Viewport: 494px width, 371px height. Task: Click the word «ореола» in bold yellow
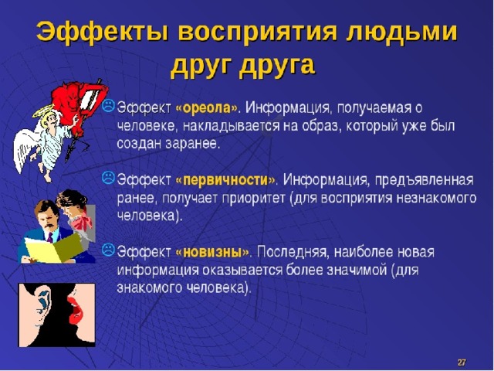coord(206,108)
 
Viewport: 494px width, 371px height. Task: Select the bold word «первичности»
coord(225,180)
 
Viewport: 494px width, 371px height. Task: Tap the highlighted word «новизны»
coord(212,252)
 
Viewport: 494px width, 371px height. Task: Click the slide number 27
coord(462,362)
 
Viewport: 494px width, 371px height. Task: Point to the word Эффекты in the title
coord(103,32)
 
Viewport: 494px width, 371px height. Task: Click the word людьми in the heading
coord(401,32)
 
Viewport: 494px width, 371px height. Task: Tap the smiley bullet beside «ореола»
coord(108,105)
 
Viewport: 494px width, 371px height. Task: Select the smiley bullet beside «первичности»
coord(108,178)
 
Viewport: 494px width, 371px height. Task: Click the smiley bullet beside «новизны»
coord(108,250)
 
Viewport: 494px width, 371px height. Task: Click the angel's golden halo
coord(43,111)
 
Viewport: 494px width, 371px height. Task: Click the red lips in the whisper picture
coord(75,306)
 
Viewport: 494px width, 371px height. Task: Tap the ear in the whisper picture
coord(43,302)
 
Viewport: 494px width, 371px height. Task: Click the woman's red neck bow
coord(82,223)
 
